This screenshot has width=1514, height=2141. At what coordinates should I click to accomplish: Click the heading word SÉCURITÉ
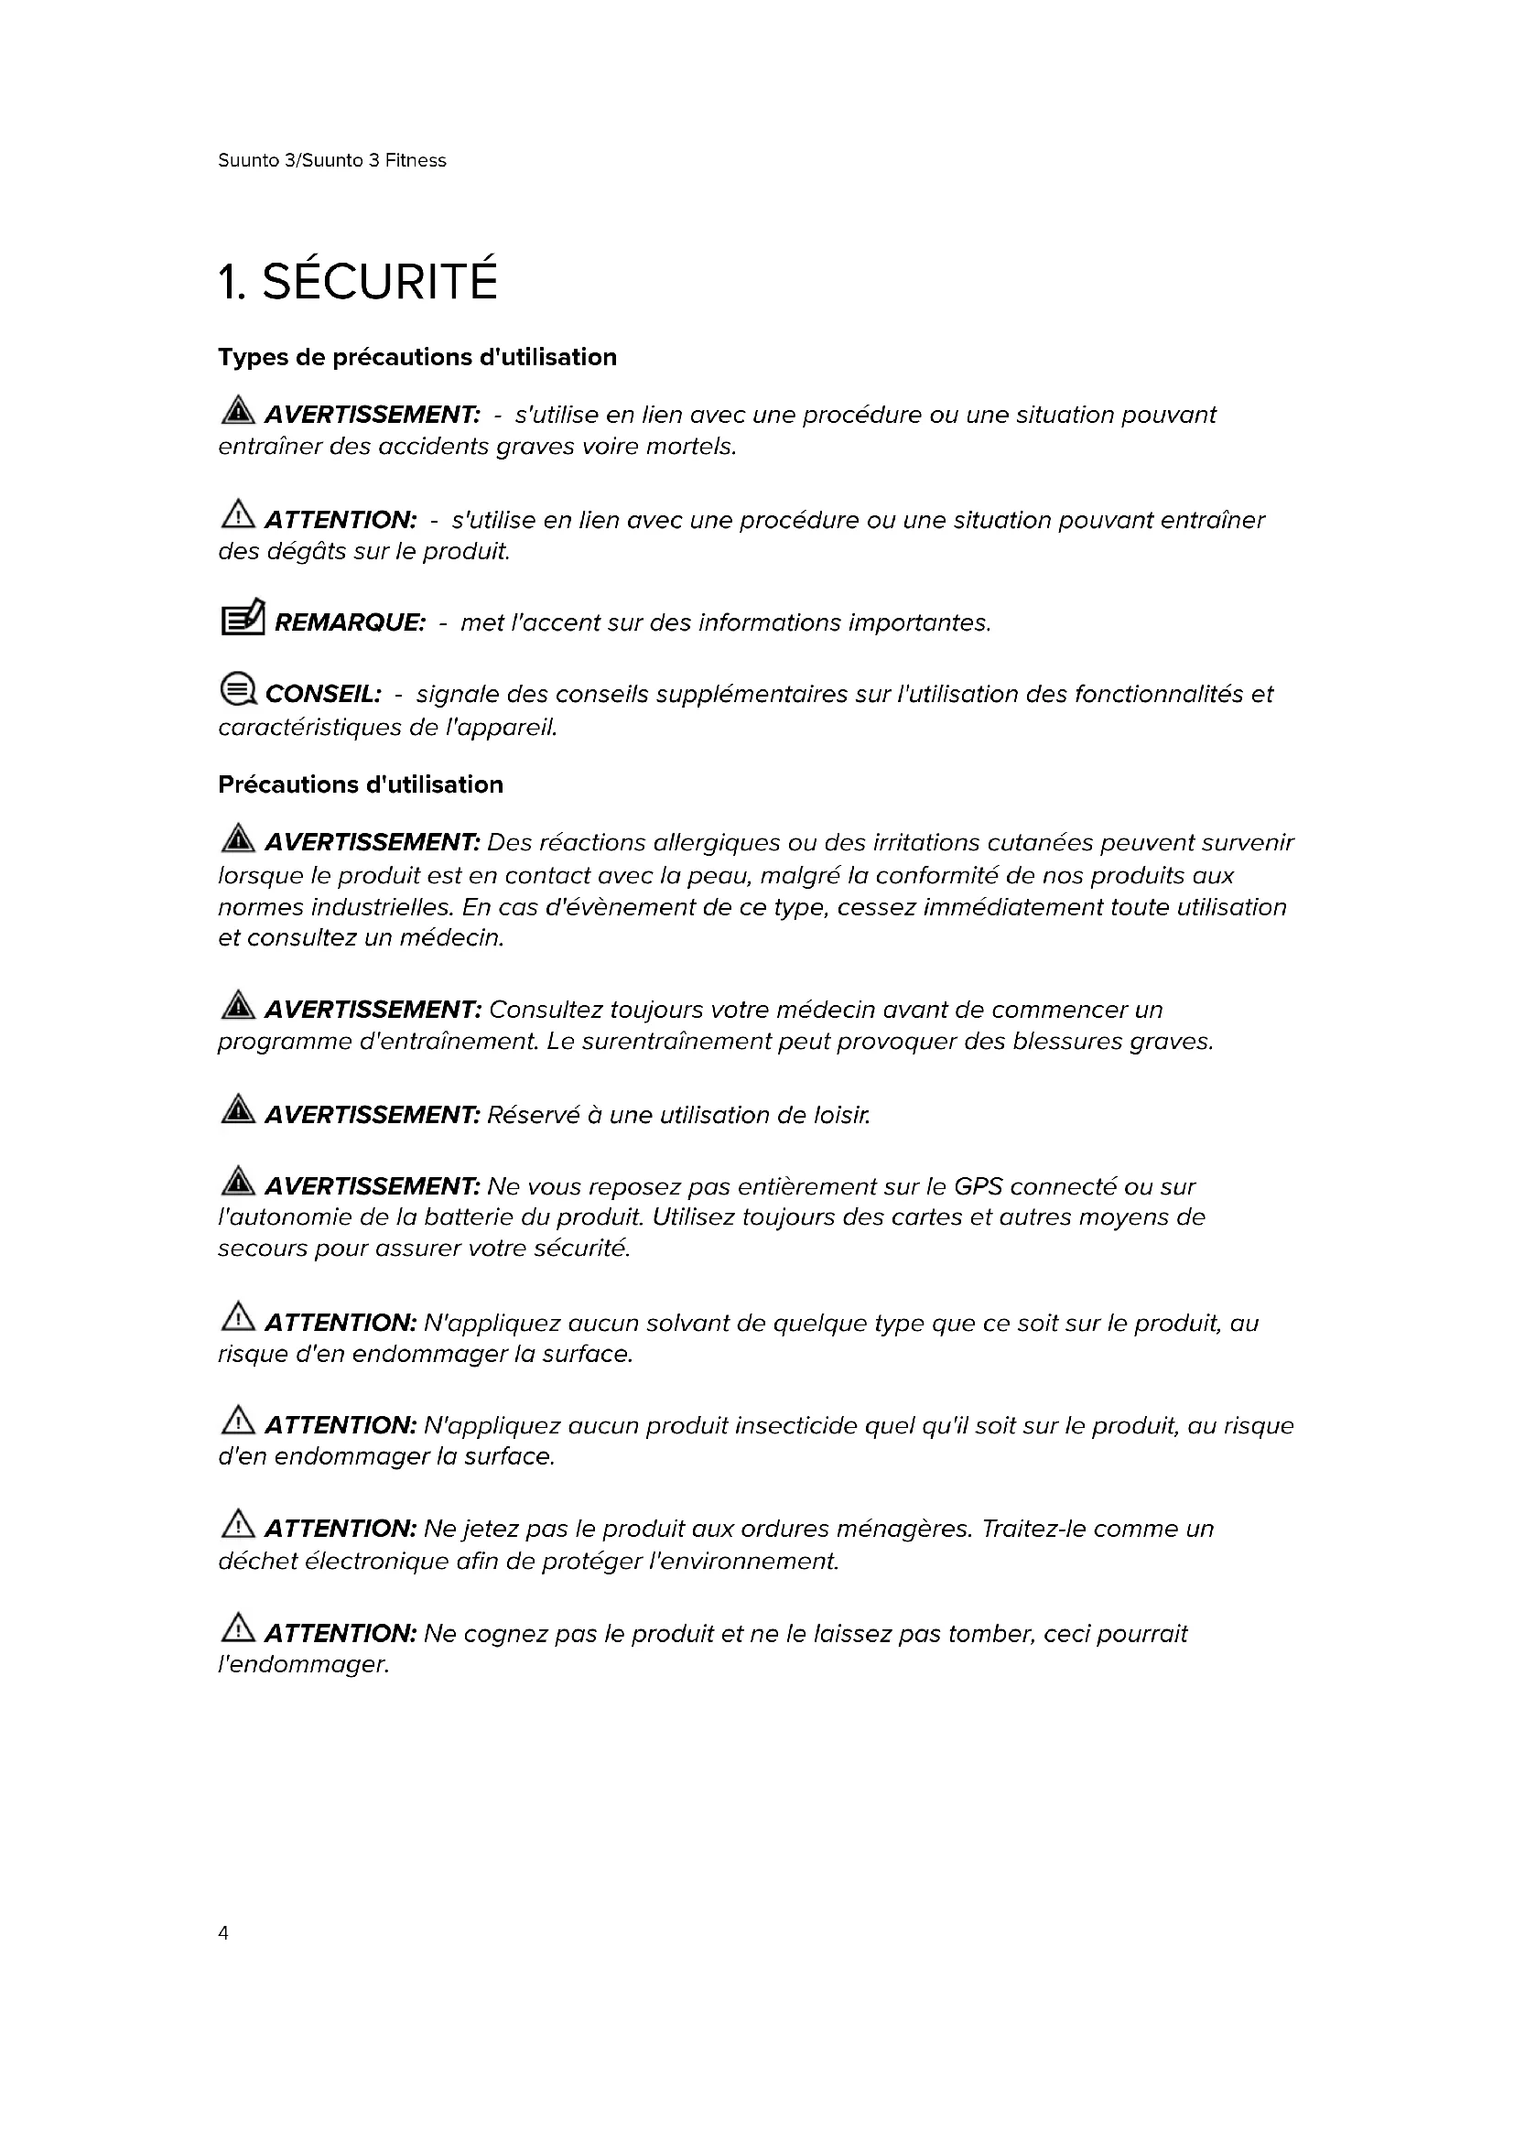click(380, 282)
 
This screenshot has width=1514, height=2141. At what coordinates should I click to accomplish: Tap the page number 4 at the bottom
click(222, 1933)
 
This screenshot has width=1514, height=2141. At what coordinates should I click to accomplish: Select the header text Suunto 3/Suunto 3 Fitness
click(332, 160)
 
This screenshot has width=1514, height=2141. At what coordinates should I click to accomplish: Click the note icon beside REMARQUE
click(243, 617)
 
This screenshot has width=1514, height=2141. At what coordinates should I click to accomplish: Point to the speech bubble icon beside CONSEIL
click(238, 690)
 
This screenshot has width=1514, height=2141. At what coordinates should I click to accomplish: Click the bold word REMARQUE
click(350, 623)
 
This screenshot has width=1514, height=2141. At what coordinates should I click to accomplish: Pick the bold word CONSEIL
click(323, 695)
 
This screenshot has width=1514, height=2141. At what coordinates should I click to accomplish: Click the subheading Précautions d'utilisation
click(360, 784)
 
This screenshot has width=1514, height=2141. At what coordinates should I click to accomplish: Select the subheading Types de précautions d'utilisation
click(416, 357)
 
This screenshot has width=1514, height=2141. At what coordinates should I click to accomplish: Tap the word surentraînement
click(677, 1042)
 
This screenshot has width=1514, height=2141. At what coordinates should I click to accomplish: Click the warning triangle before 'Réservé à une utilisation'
click(239, 1109)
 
